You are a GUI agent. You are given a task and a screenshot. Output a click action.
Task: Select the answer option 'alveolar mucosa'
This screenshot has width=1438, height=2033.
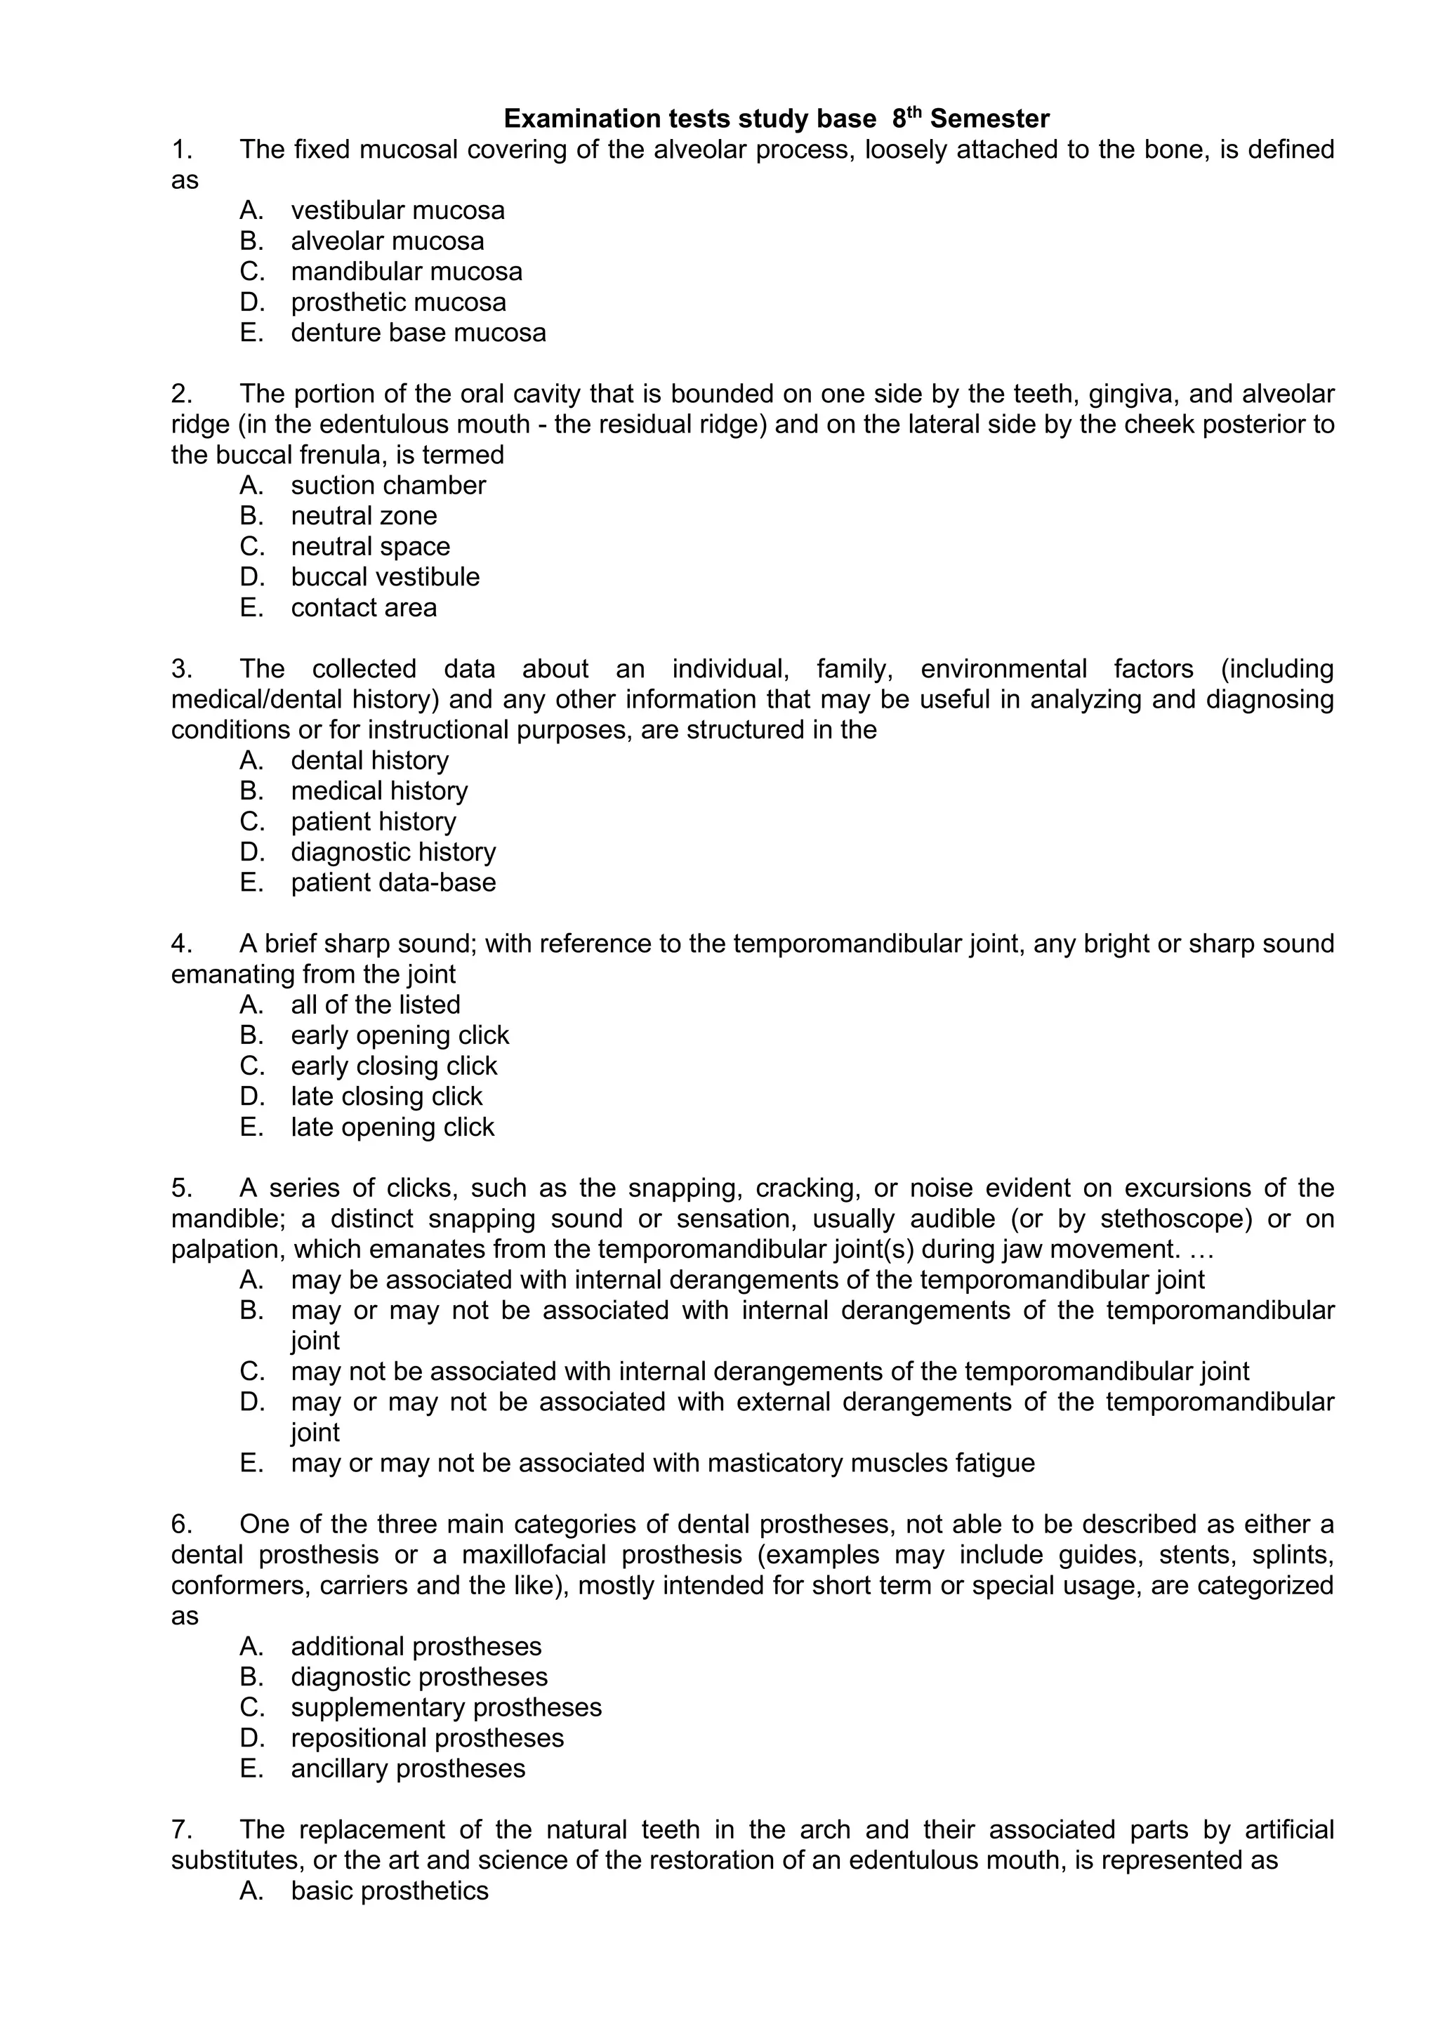387,241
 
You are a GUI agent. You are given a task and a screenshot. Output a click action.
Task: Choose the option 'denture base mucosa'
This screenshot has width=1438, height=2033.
418,333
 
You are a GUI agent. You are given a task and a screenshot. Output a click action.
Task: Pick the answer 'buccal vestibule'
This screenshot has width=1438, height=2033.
385,577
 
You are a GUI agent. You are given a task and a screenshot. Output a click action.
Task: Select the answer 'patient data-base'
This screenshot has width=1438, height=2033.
393,883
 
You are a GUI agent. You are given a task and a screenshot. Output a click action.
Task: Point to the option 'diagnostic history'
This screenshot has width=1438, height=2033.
393,852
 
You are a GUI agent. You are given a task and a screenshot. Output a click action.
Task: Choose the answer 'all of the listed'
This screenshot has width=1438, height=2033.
376,1005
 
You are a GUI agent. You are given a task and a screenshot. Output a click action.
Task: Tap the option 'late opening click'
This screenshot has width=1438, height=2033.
393,1127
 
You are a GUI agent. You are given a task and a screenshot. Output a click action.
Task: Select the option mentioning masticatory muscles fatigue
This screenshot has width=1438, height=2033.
662,1463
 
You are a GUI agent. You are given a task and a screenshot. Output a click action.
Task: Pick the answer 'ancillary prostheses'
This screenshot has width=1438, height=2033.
407,1768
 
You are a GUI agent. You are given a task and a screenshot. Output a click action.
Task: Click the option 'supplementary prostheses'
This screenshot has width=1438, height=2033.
447,1707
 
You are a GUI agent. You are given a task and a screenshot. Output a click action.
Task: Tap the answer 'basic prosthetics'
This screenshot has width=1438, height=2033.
390,1890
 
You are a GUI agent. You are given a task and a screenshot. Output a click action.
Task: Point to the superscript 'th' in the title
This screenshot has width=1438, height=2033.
916,112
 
